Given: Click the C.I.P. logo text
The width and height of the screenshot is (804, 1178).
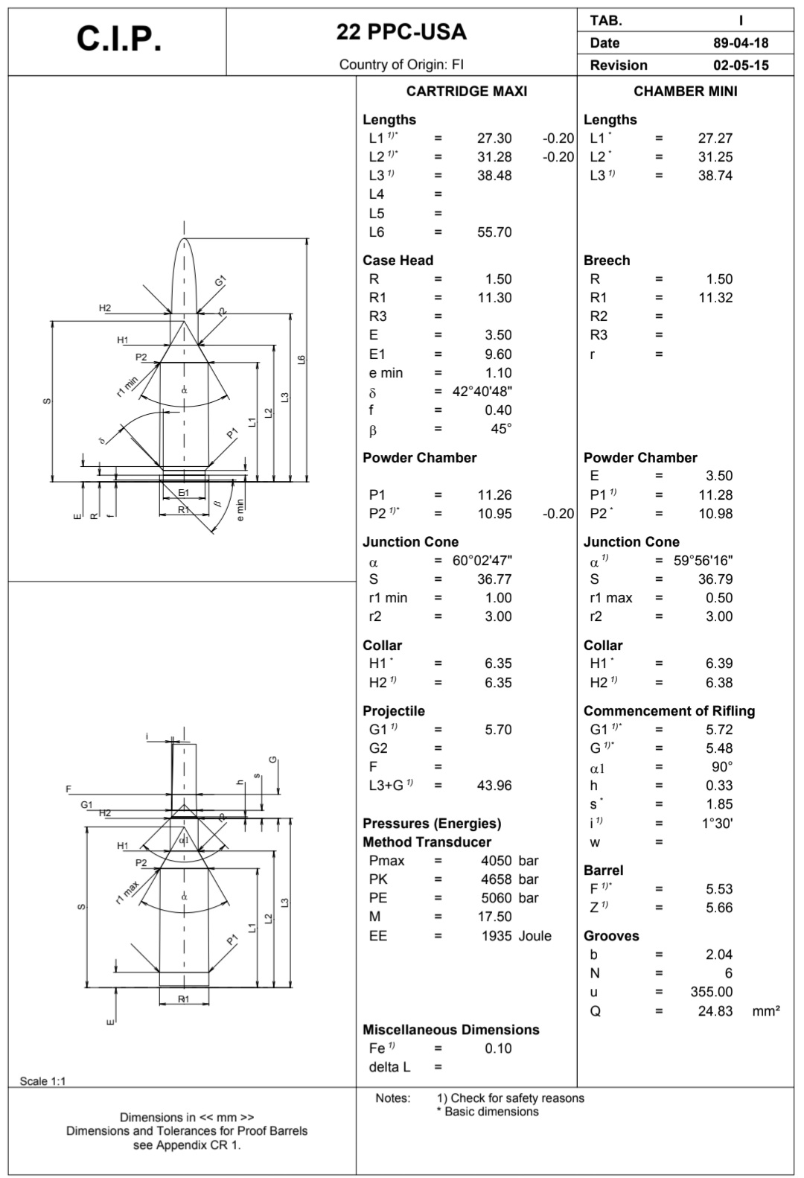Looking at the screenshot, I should pos(118,39).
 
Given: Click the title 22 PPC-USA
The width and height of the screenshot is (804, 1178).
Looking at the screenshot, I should pos(401,32).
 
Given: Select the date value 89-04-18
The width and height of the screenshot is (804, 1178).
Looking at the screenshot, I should pos(740,43).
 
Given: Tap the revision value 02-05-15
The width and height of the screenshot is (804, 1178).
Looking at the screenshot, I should pos(740,65).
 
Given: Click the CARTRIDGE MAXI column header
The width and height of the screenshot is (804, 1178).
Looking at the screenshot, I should pos(466,91).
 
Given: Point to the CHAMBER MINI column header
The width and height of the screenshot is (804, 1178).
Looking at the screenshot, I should pos(685,91).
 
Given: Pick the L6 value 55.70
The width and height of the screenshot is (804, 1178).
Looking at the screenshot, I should pos(494,232).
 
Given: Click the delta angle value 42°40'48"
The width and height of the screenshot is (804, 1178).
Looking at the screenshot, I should pos(482,392).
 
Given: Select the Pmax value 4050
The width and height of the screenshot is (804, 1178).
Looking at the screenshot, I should pos(498,861).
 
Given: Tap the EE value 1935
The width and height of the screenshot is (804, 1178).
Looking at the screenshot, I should pos(498,936).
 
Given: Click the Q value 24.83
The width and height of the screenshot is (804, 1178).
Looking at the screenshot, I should pos(715,1011).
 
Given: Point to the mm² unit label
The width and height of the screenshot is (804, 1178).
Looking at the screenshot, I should pos(766,1011).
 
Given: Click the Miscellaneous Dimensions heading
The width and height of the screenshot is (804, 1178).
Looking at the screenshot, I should pos(450,1030).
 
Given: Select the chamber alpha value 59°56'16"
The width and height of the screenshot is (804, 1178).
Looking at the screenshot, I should pos(703,561).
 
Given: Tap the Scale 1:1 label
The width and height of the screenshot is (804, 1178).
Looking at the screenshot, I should pos(42,1081).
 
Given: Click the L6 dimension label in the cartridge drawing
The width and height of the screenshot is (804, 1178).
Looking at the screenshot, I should pos(301,360).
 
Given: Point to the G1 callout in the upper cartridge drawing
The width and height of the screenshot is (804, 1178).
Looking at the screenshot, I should pos(220,281).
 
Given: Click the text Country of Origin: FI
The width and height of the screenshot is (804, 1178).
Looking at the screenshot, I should pos(401,65).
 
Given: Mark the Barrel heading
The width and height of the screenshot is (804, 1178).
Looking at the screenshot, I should pos(603,870).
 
